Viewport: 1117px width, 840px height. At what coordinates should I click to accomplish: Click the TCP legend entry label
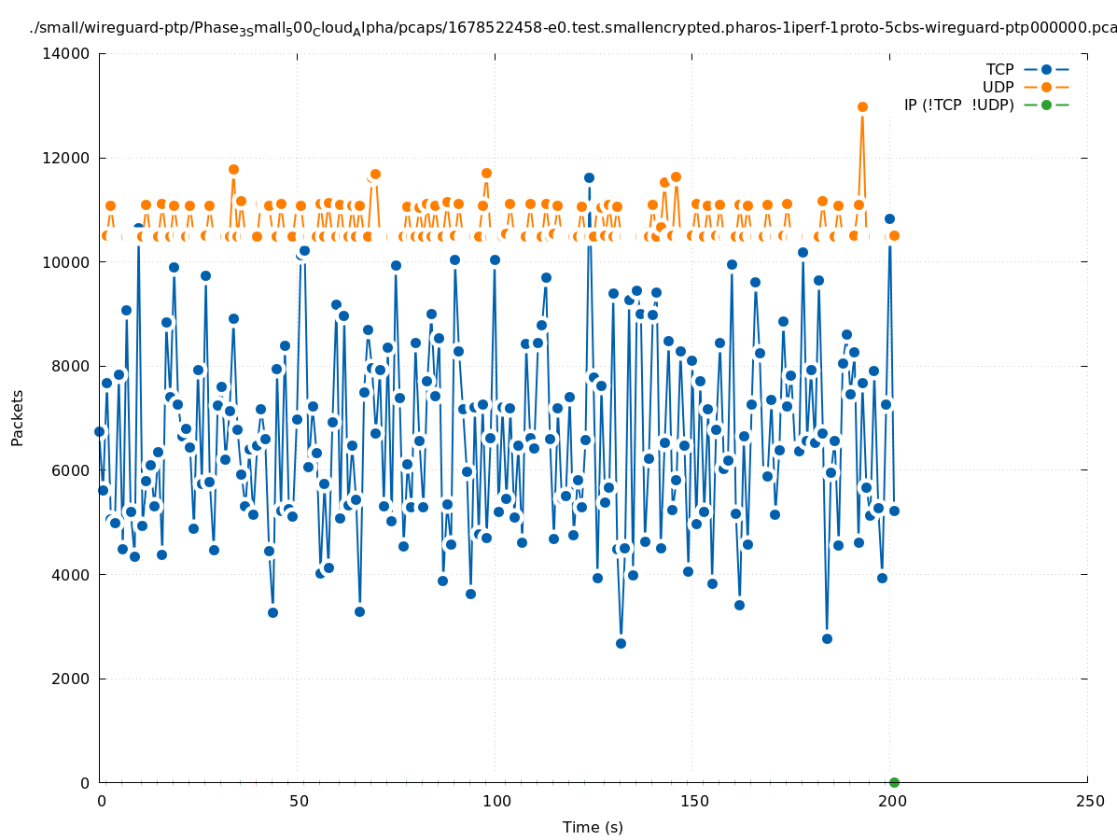click(x=999, y=70)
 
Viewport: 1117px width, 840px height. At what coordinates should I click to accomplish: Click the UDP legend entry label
click(x=998, y=88)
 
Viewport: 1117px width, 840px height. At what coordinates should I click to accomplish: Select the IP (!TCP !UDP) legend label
click(x=958, y=105)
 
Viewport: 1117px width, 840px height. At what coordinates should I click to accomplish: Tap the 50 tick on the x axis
click(x=299, y=802)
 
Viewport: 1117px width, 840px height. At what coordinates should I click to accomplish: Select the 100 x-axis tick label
click(x=496, y=802)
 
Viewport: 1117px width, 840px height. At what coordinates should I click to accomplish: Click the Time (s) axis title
click(x=593, y=828)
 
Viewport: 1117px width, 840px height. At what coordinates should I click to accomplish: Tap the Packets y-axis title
click(x=18, y=418)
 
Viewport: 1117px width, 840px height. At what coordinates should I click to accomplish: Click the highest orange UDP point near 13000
click(x=862, y=107)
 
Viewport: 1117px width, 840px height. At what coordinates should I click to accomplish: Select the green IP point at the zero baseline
click(x=894, y=782)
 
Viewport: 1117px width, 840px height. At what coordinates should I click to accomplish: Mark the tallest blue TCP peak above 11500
click(x=589, y=177)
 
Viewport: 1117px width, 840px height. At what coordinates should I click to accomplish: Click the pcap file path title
click(x=573, y=28)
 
